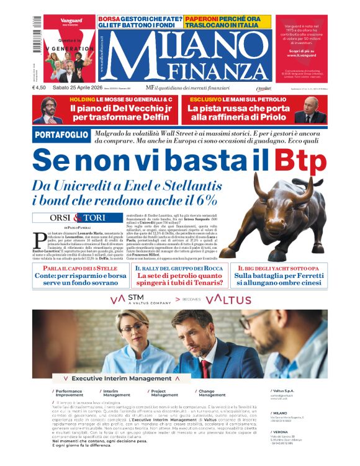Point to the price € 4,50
click(40, 87)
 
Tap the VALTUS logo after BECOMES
click(228, 300)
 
